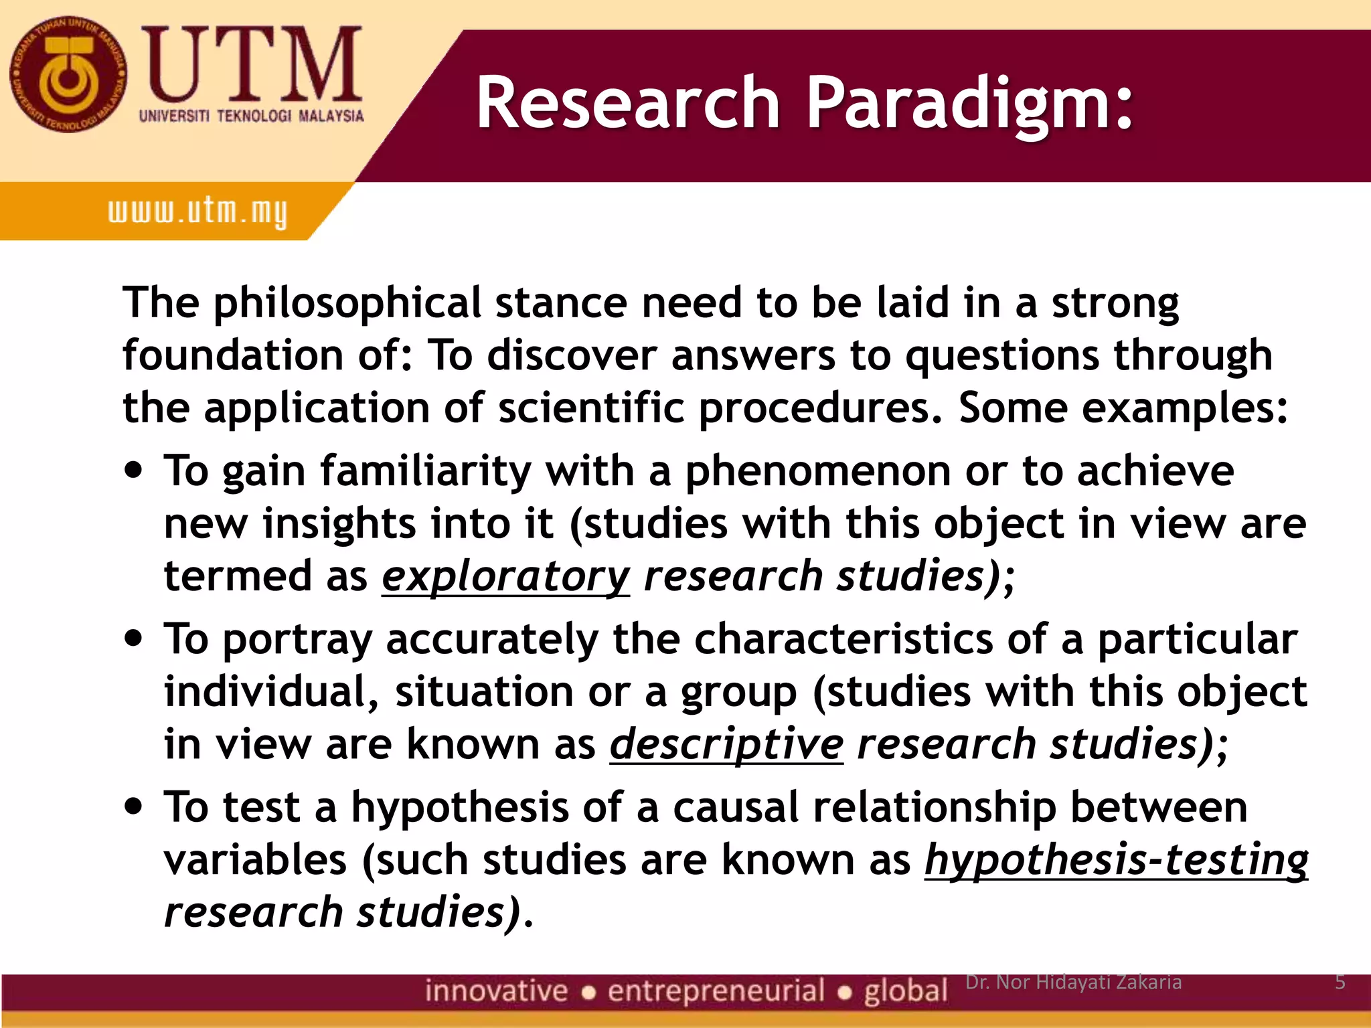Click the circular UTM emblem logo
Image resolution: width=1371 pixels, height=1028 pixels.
[68, 74]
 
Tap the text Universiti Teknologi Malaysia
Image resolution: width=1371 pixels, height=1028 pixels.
[251, 116]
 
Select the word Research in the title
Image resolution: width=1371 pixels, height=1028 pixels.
[628, 104]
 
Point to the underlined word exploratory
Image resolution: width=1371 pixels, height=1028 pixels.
[505, 576]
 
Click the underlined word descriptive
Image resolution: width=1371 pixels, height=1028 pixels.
[726, 744]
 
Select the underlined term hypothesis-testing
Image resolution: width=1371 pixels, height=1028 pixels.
[1116, 859]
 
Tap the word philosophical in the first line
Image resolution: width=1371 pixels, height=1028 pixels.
[347, 303]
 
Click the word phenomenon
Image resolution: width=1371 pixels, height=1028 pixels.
[817, 470]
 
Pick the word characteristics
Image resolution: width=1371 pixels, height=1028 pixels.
[843, 638]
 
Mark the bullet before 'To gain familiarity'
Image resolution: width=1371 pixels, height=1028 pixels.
[135, 469]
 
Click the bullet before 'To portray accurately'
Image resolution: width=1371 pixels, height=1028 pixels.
[135, 637]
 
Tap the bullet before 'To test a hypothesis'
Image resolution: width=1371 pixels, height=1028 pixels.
[135, 805]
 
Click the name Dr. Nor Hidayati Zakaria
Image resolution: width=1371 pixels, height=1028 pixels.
[1073, 982]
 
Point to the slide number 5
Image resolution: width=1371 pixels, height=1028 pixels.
[1340, 982]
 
